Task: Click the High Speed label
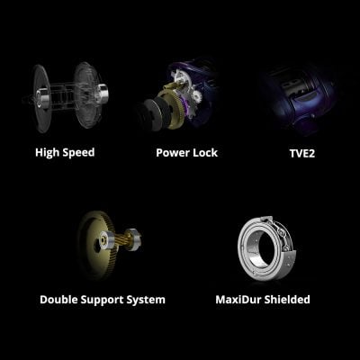tap(65, 152)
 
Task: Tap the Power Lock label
tap(184, 152)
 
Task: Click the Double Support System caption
tap(103, 299)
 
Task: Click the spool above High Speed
tap(67, 94)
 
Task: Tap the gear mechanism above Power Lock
tap(180, 99)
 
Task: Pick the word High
tap(47, 152)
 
